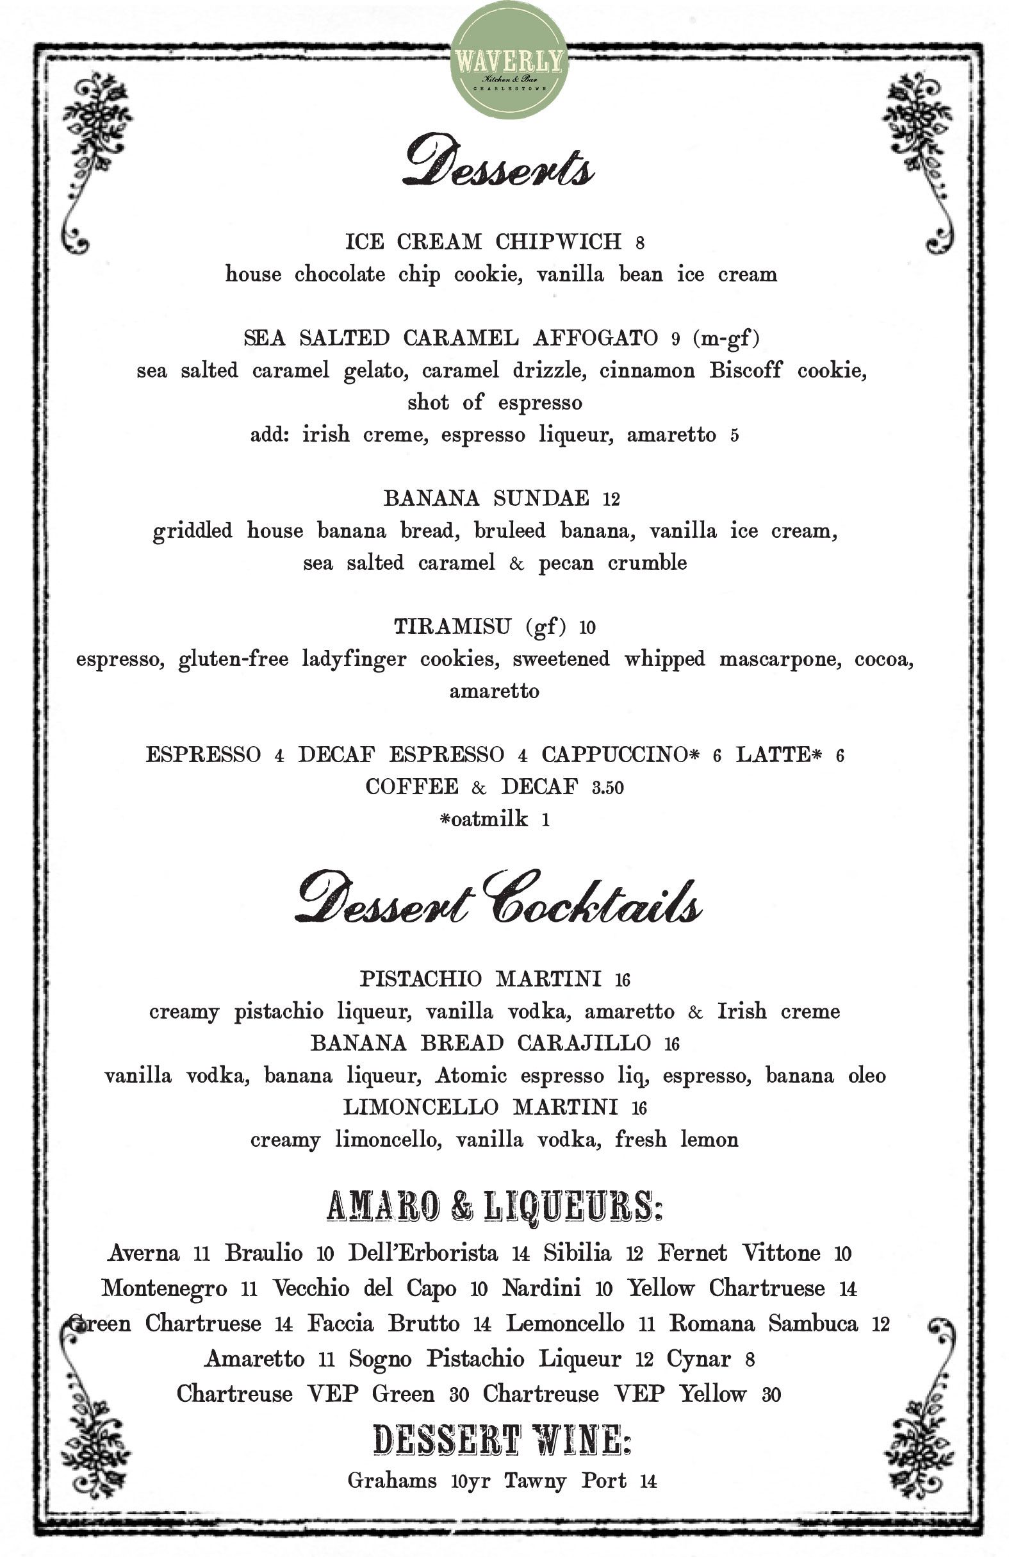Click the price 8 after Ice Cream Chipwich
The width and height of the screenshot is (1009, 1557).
tap(639, 244)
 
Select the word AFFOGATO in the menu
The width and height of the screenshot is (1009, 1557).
tap(595, 338)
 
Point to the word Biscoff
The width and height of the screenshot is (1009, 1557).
tap(746, 371)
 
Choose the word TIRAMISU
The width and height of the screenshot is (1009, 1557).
tap(452, 627)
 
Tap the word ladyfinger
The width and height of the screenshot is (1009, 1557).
tap(354, 659)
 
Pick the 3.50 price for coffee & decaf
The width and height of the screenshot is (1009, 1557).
tap(607, 788)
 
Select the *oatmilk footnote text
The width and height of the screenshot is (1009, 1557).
tap(484, 819)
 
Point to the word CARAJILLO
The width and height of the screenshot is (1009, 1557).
tap(584, 1043)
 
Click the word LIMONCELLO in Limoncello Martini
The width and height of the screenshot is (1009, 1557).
tap(420, 1107)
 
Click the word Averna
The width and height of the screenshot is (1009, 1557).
tap(144, 1253)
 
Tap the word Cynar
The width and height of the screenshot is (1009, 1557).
tap(698, 1358)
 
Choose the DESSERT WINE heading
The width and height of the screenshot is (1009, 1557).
tap(502, 1441)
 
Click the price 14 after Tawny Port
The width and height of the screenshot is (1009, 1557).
tap(648, 1481)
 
